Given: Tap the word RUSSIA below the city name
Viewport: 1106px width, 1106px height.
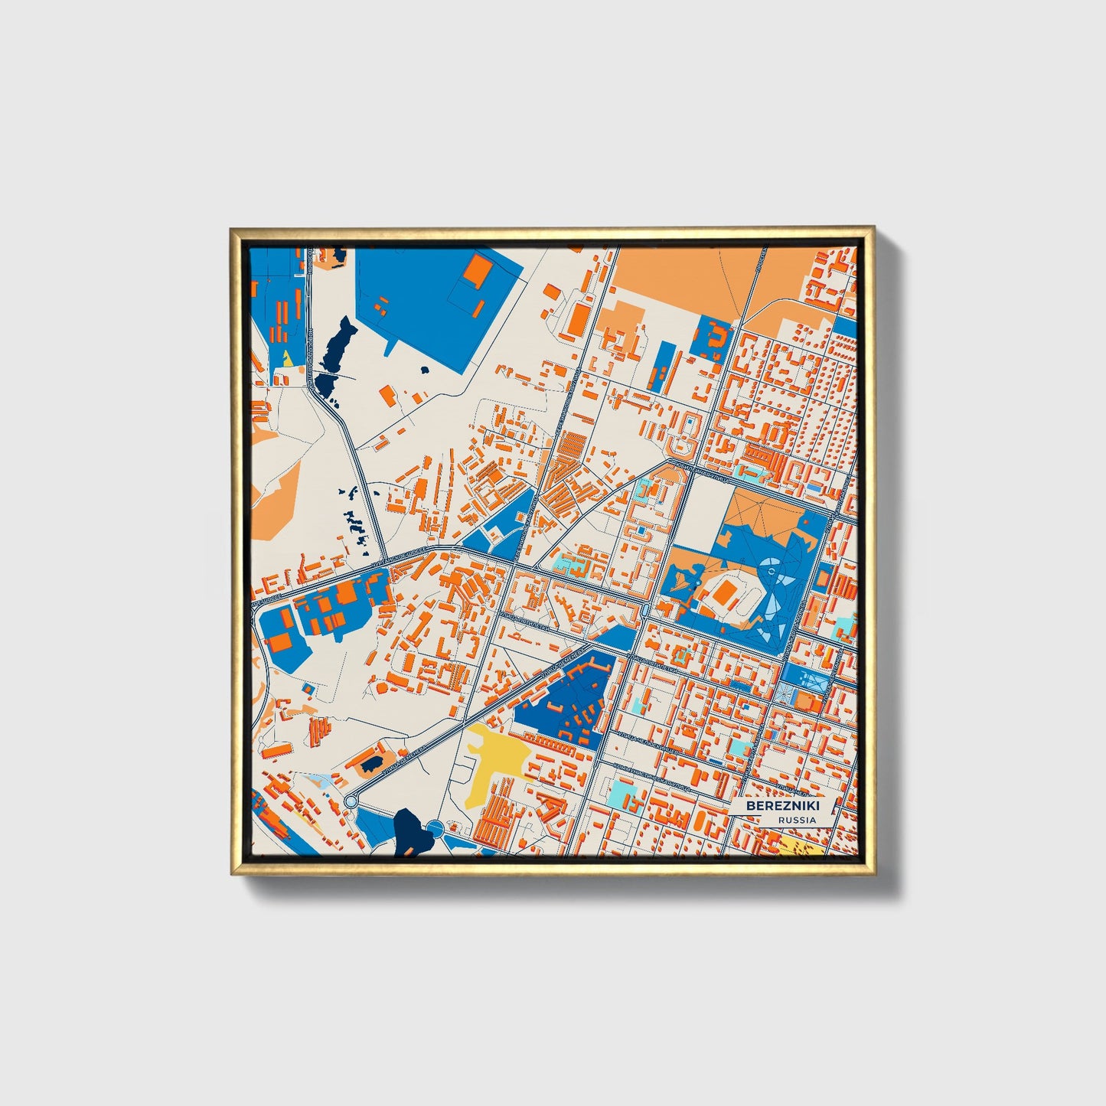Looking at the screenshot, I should coord(797,820).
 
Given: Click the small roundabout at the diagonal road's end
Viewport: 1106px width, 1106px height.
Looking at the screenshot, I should coord(351,801).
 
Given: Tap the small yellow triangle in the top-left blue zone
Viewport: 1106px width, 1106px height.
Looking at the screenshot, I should coord(287,357).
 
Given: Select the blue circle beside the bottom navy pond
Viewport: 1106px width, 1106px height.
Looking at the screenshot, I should coord(435,827).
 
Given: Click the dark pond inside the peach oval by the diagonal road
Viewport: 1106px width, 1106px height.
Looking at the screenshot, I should coord(371,763).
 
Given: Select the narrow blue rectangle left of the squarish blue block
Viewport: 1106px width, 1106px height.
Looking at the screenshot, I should coord(663,367).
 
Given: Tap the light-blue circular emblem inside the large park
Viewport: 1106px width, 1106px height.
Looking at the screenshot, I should coord(772,570).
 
